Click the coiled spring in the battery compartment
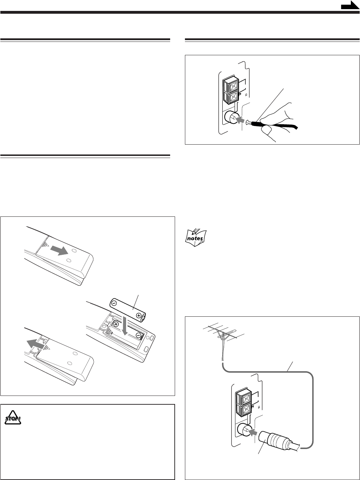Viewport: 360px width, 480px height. (x=110, y=333)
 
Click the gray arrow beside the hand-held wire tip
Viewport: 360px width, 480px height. (x=240, y=121)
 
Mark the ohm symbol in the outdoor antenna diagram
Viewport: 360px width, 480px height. (x=259, y=407)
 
